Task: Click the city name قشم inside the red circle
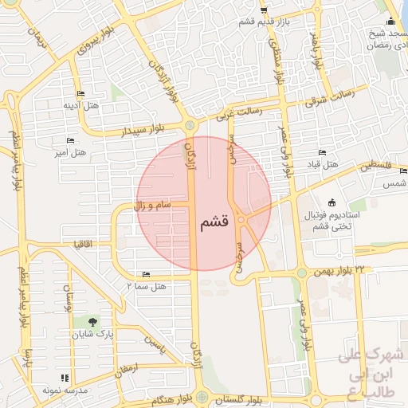[215, 222]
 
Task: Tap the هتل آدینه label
[80, 104]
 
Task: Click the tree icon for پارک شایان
[94, 324]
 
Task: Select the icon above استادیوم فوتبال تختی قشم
[331, 202]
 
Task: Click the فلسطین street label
[375, 167]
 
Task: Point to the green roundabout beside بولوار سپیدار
[190, 126]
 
